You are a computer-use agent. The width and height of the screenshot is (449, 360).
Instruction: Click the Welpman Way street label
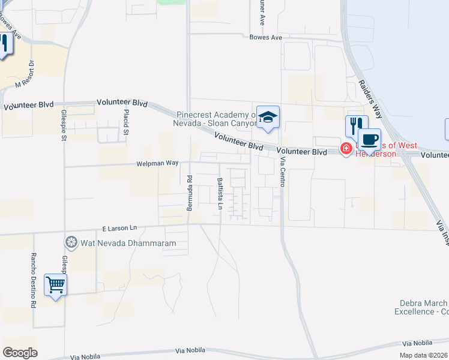(158, 163)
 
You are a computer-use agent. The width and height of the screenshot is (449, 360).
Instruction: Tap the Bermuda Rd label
(189, 193)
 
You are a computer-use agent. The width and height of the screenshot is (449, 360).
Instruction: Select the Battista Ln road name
(220, 194)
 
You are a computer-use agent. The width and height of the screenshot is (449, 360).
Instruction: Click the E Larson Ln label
(119, 228)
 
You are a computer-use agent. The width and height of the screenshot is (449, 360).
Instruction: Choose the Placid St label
(126, 123)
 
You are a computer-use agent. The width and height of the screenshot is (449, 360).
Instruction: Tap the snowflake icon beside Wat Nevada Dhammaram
(71, 242)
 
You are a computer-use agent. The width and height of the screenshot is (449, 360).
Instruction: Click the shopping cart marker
(55, 284)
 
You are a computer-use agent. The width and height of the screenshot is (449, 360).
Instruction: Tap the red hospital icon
(346, 148)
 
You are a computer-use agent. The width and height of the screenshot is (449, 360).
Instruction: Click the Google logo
(20, 353)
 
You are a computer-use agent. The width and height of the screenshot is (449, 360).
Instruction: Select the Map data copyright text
(423, 355)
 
